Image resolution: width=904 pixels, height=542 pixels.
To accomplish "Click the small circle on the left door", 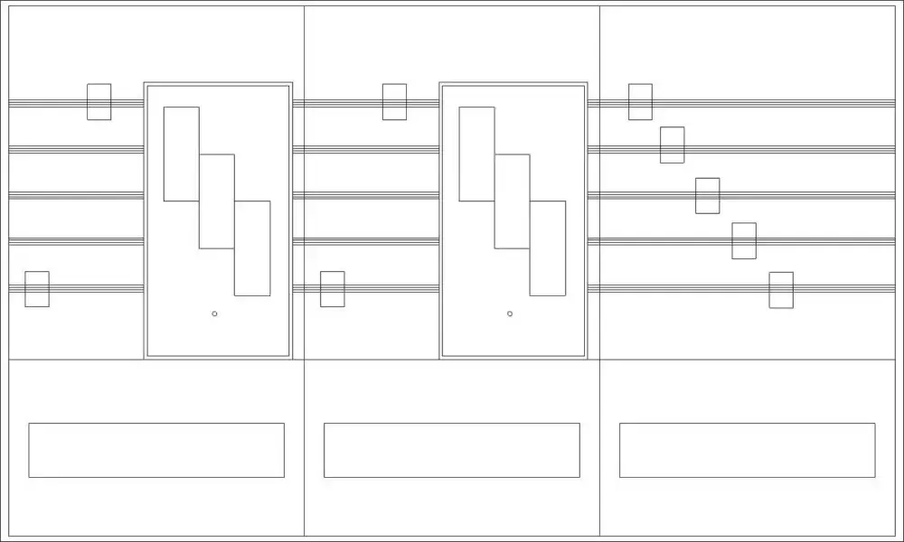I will point(214,313).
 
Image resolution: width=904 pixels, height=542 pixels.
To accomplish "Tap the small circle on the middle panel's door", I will point(510,313).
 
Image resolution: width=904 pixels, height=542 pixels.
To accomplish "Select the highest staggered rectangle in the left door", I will point(181,154).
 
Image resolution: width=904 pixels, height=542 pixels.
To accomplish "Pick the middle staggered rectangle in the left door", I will point(217,201).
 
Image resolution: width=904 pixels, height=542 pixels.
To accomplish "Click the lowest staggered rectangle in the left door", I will point(252,248).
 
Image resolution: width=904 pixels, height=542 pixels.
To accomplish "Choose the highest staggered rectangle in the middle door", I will point(476,154).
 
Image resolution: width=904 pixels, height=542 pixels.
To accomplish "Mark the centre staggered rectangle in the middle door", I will point(512,201).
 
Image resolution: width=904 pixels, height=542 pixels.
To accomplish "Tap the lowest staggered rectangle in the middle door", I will point(548,248).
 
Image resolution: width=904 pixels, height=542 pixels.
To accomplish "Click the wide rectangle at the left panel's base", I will point(156,450).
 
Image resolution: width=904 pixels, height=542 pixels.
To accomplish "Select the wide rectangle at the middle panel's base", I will point(452,450).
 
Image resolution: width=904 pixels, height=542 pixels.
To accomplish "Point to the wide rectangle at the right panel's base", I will point(747,450).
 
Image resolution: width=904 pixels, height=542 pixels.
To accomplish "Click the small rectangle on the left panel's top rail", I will point(99,102).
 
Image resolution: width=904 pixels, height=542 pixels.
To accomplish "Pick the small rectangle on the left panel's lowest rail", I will point(37,289).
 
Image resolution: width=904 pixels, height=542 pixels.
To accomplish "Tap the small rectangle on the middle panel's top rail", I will point(394,102).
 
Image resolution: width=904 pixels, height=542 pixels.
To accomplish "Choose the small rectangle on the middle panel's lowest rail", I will point(333,289).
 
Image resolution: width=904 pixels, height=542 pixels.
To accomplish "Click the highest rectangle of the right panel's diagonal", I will point(640,102).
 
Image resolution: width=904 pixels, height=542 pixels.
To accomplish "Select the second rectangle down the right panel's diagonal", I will point(672,145).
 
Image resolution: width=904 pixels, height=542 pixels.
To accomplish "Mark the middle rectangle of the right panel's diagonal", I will point(708,196).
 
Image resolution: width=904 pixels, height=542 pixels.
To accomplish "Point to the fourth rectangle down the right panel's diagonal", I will point(744,240).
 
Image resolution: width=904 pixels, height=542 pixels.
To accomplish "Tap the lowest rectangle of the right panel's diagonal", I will point(781,290).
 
